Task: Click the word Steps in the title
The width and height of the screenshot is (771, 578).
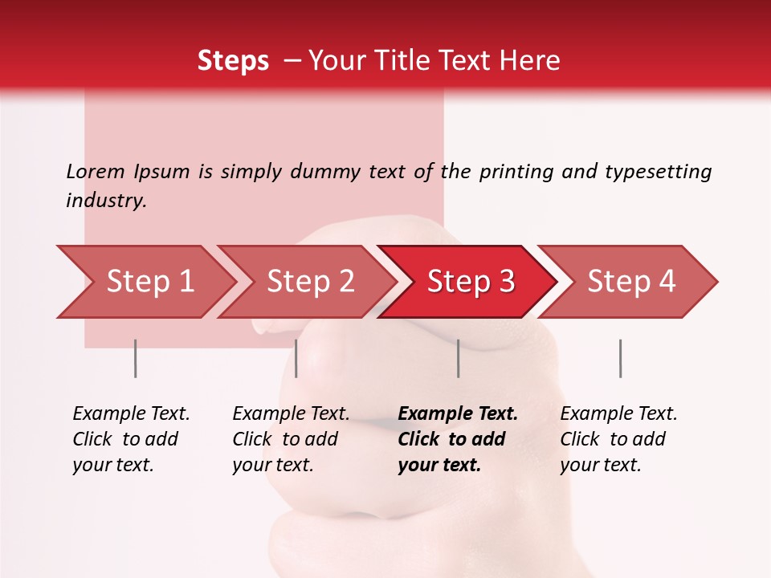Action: coord(233,61)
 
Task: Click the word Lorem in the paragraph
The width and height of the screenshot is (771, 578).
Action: coord(96,171)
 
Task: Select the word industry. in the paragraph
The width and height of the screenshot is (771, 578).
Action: coord(107,201)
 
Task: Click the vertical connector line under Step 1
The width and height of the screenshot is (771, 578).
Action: coord(136,358)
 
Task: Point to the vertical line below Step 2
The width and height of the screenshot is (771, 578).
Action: coord(296,358)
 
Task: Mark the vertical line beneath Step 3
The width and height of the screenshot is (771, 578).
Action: coord(459,358)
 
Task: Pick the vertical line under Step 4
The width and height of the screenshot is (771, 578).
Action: coord(621,358)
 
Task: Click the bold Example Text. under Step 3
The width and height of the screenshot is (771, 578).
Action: coord(458,414)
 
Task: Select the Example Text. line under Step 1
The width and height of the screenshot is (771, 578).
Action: coord(131,414)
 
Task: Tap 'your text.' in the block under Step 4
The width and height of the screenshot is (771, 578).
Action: coord(601,465)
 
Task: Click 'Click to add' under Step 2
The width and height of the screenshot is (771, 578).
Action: coord(285,440)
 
